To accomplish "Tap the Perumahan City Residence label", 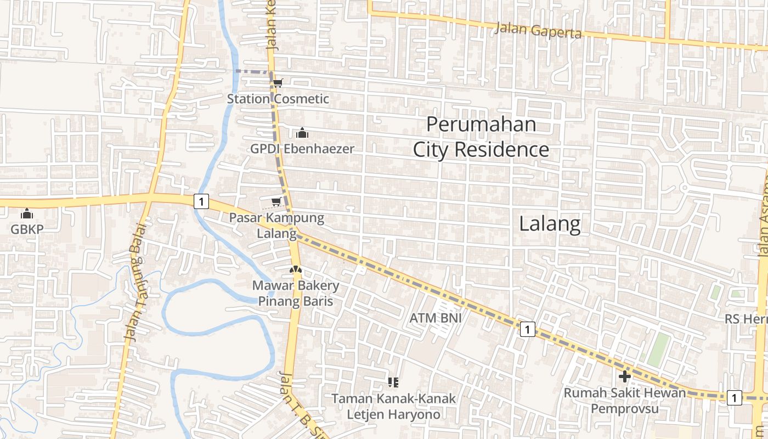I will click(x=481, y=137).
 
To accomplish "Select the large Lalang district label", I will click(x=550, y=224).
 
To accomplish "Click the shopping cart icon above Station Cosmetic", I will click(x=278, y=83).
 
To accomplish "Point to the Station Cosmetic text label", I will click(x=278, y=99).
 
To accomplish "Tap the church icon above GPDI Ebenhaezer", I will click(x=302, y=133).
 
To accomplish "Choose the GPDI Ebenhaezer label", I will click(x=302, y=149).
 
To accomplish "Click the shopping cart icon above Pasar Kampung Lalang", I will click(x=276, y=201).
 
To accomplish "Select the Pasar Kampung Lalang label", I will click(x=276, y=226).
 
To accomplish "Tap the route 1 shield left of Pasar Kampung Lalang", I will click(x=201, y=201).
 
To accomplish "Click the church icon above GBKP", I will click(x=27, y=213).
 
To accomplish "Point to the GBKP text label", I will click(x=27, y=229).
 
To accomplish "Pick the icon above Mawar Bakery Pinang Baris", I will click(x=295, y=270).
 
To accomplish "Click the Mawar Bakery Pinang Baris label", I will click(x=296, y=294).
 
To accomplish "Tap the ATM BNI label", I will click(x=436, y=318).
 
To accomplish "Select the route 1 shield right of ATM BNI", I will click(x=527, y=329).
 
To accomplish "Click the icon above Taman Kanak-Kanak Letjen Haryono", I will click(x=393, y=382).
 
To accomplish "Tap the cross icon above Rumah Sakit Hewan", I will click(x=624, y=376).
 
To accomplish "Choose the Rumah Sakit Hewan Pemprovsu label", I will click(x=625, y=401).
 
